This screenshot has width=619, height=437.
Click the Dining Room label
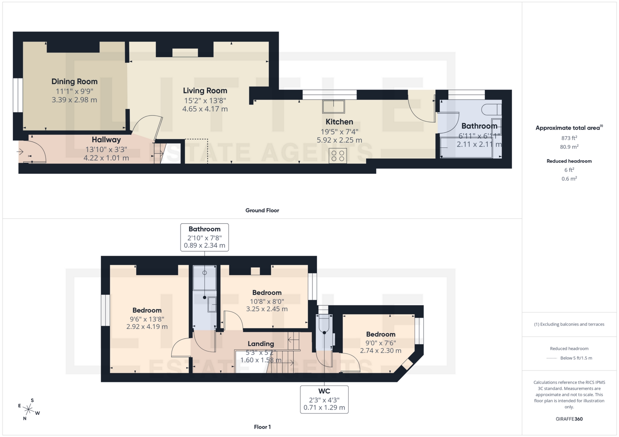(74, 82)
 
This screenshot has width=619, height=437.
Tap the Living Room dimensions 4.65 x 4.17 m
(205, 109)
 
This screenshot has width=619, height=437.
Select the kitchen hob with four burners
(338, 156)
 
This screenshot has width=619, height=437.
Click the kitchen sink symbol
(333, 107)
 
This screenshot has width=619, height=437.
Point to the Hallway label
(106, 140)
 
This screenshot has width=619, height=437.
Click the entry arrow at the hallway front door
(20, 151)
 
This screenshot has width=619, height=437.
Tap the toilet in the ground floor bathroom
(491, 110)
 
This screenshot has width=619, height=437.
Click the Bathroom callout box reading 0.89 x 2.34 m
(204, 237)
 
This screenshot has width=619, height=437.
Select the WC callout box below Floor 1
(324, 399)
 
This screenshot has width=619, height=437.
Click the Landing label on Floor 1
(261, 344)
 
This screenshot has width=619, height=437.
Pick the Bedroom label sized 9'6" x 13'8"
(147, 311)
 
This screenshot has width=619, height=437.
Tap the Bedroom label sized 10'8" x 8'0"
(267, 293)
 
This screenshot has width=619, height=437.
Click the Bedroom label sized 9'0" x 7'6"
(380, 334)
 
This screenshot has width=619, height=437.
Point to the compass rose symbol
(29, 410)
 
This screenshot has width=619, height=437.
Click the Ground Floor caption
(262, 210)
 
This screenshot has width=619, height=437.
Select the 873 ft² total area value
(569, 138)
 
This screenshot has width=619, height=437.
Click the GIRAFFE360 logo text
(569, 419)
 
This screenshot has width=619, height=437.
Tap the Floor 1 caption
(262, 427)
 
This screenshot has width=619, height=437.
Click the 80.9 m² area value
(569, 147)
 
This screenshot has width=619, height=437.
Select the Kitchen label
(339, 122)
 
